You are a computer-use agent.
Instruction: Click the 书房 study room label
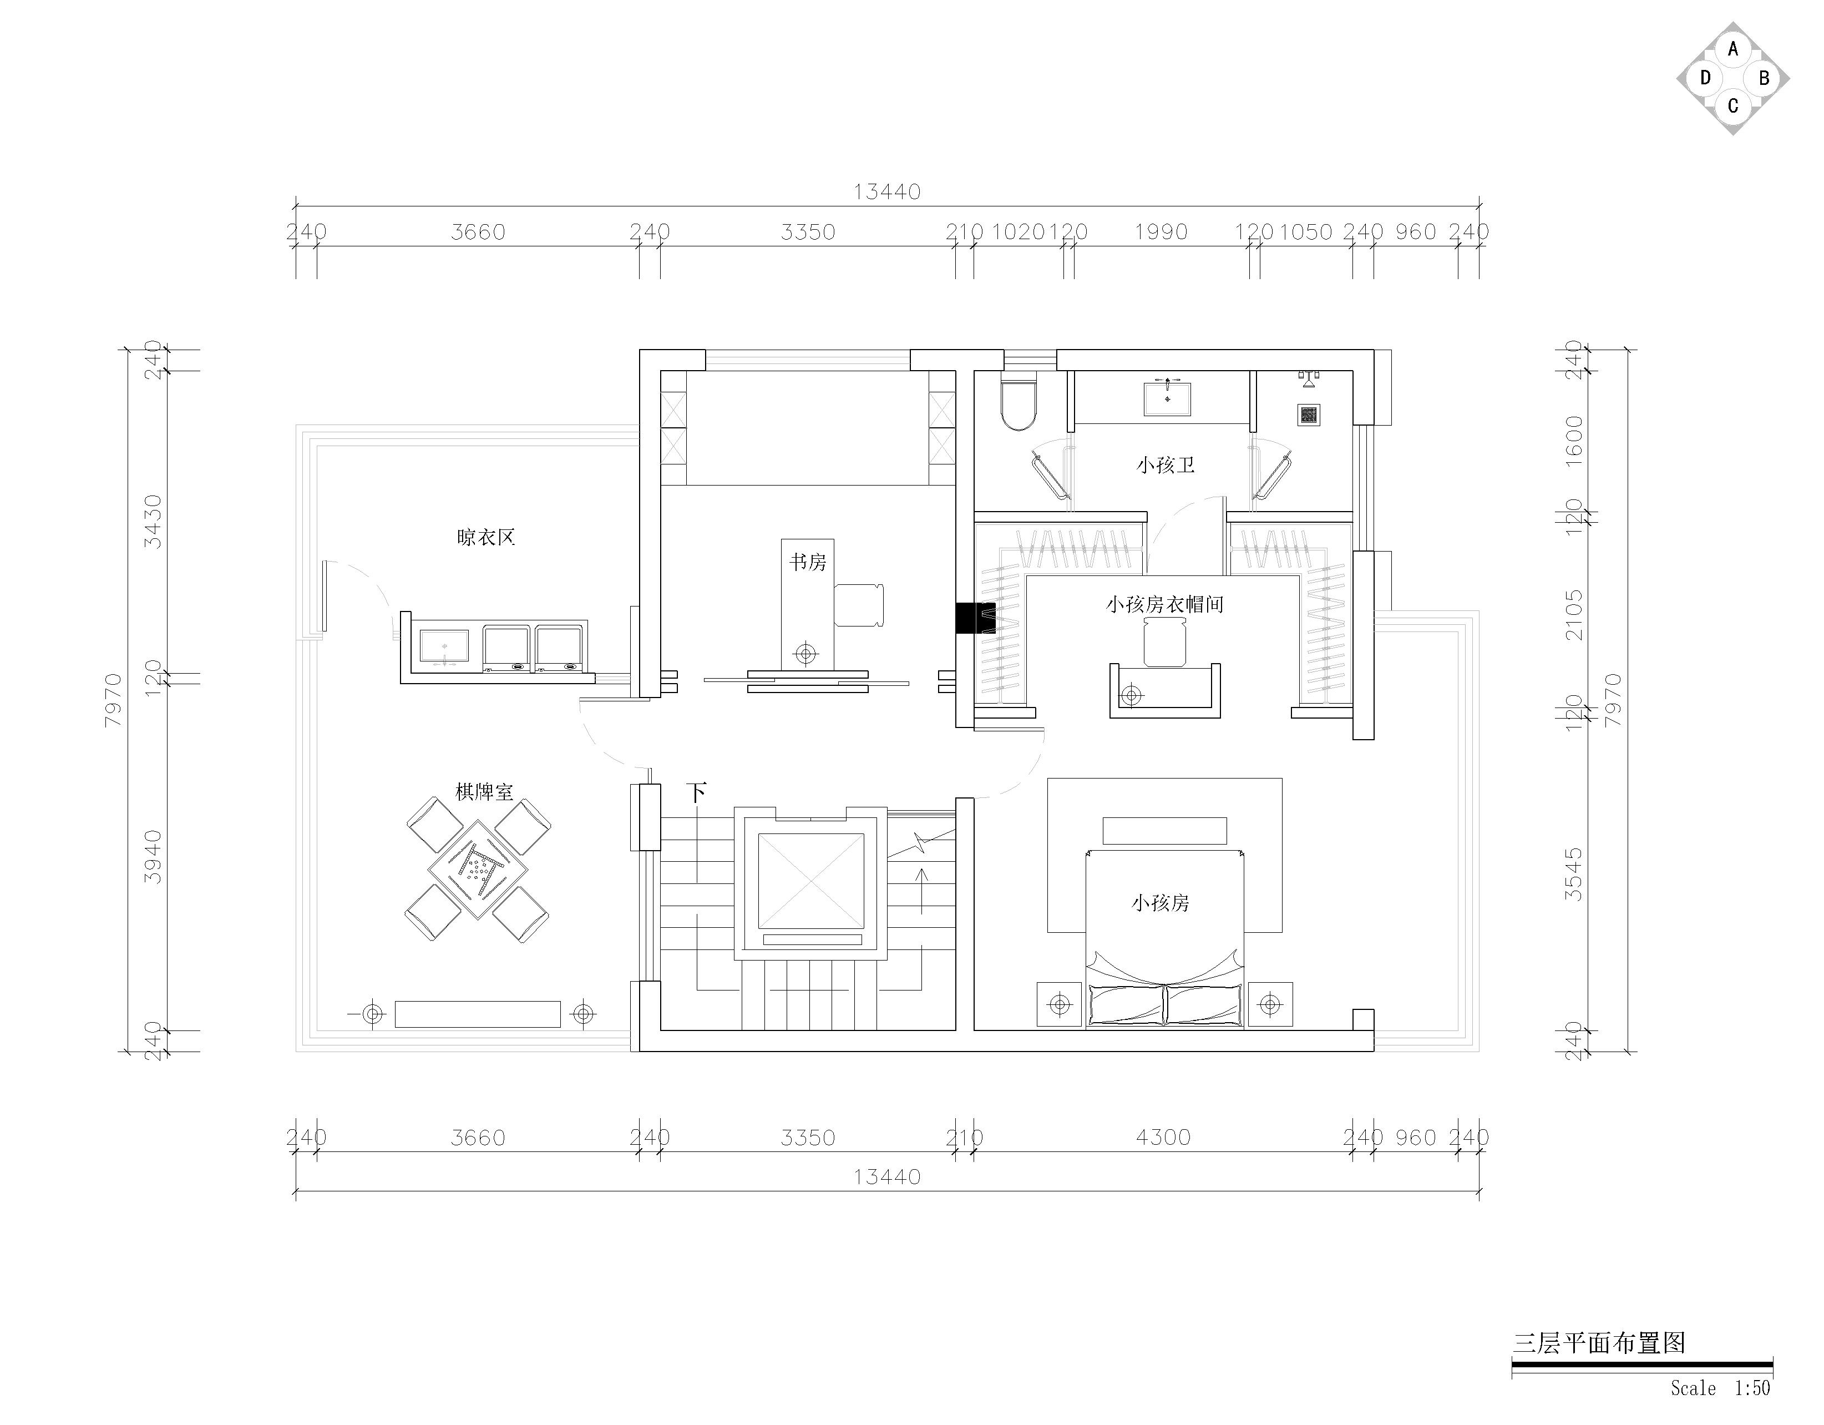[x=808, y=562]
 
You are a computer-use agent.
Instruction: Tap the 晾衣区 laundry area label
[x=486, y=537]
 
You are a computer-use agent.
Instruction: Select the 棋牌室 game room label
[x=484, y=791]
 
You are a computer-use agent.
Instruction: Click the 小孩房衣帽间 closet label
[x=1165, y=604]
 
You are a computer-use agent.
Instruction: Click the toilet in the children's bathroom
[x=1018, y=405]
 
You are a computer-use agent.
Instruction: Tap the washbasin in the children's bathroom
[x=1167, y=397]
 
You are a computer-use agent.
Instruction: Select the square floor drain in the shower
[x=1309, y=413]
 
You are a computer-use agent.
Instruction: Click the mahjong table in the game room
[x=478, y=870]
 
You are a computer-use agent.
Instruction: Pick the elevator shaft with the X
[x=810, y=881]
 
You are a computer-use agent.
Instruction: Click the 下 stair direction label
[x=697, y=792]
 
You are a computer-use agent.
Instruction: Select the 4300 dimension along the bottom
[x=1163, y=1137]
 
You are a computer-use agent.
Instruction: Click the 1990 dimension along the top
[x=1161, y=231]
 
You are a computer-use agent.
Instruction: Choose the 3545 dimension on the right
[x=1573, y=874]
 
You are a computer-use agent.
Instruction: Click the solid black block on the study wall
[x=975, y=618]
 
